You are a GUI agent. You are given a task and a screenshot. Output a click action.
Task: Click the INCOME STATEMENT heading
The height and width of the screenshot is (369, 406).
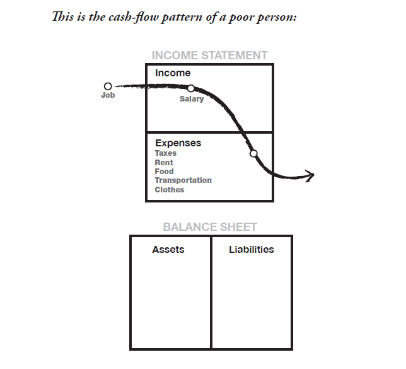(x=209, y=56)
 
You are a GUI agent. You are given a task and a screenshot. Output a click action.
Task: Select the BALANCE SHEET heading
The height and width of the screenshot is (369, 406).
(x=210, y=227)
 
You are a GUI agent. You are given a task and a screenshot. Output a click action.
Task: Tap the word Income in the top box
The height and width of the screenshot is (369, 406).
(x=173, y=73)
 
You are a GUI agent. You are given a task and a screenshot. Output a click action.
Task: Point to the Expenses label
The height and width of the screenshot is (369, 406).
(x=178, y=143)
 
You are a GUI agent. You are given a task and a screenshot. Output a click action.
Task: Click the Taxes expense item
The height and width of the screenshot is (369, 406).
(x=166, y=153)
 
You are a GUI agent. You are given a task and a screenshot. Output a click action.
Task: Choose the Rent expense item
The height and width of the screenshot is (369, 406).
(x=164, y=163)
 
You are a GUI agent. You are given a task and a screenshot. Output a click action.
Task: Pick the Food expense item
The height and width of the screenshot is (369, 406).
(x=164, y=172)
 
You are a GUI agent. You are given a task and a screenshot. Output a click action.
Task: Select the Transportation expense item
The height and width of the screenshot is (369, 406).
(x=183, y=180)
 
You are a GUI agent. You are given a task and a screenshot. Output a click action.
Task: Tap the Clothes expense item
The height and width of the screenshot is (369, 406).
(x=170, y=190)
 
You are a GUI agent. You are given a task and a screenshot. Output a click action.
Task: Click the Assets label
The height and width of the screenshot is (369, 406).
(x=168, y=250)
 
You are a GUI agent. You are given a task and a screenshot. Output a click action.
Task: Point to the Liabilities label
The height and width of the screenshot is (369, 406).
(x=252, y=250)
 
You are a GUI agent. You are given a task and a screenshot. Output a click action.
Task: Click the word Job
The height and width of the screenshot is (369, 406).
(x=108, y=95)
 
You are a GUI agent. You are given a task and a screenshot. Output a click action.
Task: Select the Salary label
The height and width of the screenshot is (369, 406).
(x=192, y=99)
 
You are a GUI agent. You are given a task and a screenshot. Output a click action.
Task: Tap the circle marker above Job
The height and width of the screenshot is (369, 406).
(x=108, y=86)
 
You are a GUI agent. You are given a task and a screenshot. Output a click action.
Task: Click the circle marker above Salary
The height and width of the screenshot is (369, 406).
(x=191, y=88)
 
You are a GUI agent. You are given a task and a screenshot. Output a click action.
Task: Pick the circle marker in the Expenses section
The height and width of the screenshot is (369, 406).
(x=253, y=154)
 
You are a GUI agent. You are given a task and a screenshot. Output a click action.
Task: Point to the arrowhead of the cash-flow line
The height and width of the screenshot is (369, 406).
(x=311, y=175)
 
